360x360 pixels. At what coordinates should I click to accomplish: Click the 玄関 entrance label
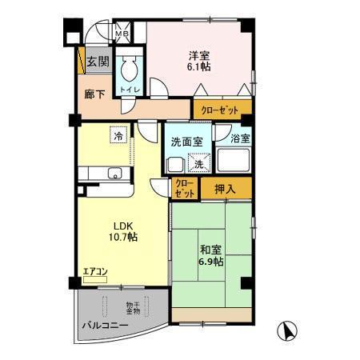pos(98,61)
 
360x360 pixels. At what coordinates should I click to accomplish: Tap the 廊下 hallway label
pos(94,95)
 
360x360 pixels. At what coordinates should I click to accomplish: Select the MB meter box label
pos(121,34)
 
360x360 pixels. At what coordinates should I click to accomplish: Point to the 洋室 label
pos(200,55)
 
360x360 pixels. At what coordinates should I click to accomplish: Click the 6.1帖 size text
pos(200,68)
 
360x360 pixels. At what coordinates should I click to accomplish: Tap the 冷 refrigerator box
pos(118,136)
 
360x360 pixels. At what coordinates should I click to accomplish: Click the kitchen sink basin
pos(114,172)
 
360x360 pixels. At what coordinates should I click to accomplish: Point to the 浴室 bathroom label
pos(239,138)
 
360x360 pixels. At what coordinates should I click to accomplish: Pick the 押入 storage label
pos(225,189)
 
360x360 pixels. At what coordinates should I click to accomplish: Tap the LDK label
pos(122,225)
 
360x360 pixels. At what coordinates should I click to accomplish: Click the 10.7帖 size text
pos(122,238)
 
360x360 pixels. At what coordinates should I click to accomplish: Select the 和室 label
pos(211,249)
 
